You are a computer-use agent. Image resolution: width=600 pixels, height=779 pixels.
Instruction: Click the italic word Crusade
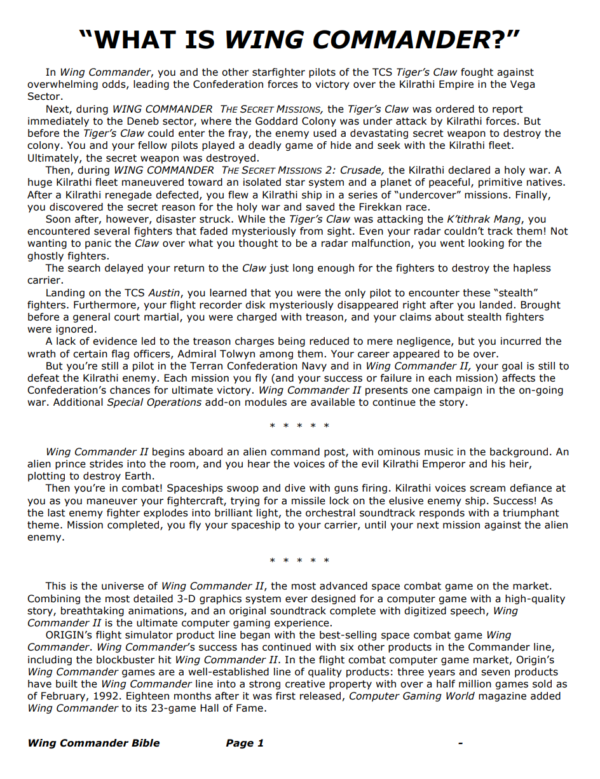tap(361, 170)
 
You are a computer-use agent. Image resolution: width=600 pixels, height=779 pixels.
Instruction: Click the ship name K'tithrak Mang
tap(487, 219)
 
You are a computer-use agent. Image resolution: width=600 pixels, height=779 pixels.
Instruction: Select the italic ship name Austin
tap(164, 293)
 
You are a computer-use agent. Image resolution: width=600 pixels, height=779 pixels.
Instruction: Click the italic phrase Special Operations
tap(154, 403)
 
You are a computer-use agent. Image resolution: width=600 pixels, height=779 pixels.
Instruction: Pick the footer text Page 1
tap(245, 743)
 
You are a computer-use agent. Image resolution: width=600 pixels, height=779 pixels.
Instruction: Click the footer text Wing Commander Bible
tap(93, 743)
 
